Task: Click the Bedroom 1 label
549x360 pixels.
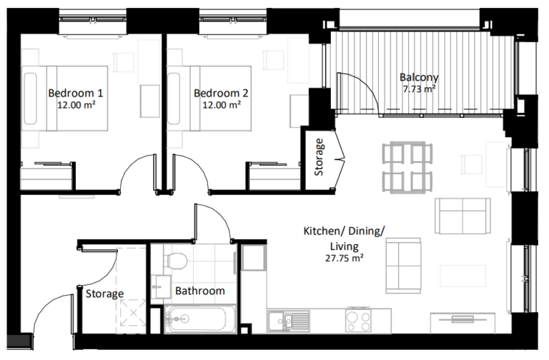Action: (76, 93)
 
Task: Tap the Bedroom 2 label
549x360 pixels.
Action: (221, 93)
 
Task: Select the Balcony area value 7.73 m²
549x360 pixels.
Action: (420, 89)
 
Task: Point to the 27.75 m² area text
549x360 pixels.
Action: (344, 259)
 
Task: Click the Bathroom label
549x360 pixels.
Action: (201, 291)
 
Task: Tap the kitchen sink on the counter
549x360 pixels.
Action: (290, 320)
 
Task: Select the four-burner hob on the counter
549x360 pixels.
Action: (358, 320)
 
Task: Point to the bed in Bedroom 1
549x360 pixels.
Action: (65, 99)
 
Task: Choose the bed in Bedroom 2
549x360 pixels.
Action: (210, 99)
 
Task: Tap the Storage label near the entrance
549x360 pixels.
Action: (104, 294)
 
